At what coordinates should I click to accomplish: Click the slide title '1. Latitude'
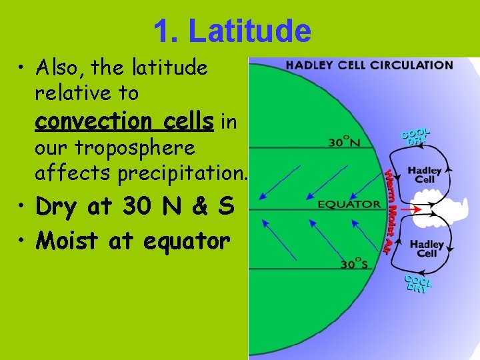(232, 31)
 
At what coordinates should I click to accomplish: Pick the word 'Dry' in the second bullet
(56, 207)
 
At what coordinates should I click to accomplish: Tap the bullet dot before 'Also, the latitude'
(22, 68)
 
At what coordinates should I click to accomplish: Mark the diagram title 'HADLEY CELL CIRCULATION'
(369, 65)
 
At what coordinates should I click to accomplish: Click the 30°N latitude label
(346, 142)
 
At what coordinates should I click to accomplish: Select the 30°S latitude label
(355, 264)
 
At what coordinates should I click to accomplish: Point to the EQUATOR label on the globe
(349, 204)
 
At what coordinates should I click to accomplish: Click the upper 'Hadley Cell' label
(425, 175)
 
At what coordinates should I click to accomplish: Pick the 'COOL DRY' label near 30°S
(418, 283)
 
